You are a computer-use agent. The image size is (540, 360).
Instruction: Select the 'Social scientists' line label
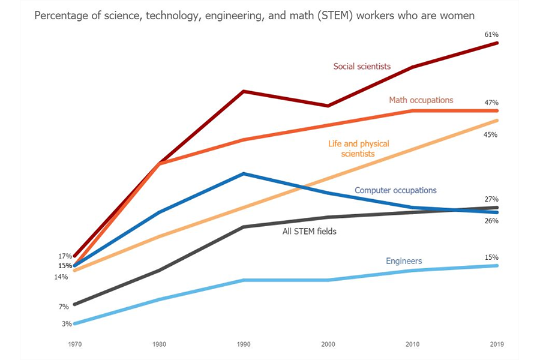tap(362, 66)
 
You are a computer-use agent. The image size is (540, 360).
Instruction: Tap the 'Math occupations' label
tap(421, 100)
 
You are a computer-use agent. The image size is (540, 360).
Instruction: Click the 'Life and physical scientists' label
tap(358, 149)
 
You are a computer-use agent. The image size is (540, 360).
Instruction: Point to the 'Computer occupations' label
tap(395, 190)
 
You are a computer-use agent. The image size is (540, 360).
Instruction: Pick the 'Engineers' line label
tap(404, 261)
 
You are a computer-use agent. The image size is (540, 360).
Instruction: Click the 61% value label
tap(491, 35)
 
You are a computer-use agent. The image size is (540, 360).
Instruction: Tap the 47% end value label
tap(491, 103)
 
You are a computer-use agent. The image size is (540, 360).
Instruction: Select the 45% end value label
tap(491, 135)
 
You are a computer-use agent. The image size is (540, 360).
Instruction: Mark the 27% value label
tap(491, 199)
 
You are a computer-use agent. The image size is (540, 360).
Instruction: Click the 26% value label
tap(491, 221)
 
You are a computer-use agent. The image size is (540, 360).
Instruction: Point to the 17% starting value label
tap(65, 256)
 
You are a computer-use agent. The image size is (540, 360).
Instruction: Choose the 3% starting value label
tap(66, 324)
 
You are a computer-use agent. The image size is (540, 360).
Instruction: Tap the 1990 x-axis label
tap(243, 344)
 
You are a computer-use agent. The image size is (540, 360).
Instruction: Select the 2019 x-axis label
tap(497, 344)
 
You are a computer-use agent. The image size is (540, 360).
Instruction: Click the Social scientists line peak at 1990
tap(243, 91)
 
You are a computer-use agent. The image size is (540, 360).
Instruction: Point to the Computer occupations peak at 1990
tap(243, 174)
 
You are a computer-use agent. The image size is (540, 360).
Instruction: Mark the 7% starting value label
tap(64, 307)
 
